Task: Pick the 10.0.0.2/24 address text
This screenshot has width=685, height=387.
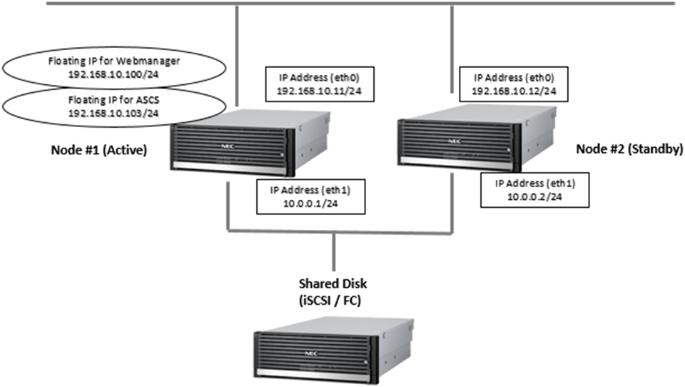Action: [534, 196]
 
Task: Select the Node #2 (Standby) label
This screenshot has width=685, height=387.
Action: [629, 151]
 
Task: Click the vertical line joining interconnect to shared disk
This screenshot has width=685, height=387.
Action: [334, 253]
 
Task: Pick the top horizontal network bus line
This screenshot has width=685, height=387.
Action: [357, 4]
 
